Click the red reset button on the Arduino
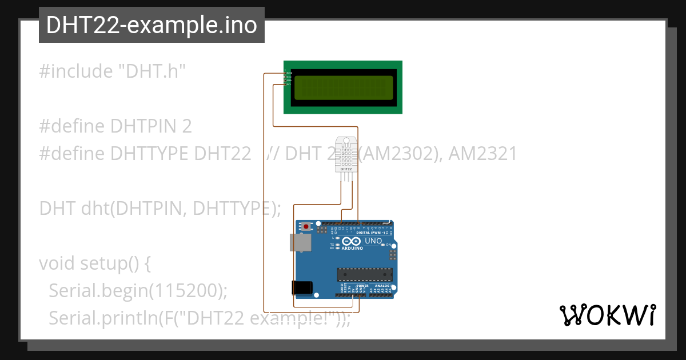pyautogui.click(x=306, y=227)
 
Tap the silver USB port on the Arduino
pyautogui.click(x=301, y=242)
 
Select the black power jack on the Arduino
pyautogui.click(x=302, y=287)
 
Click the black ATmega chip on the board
pyautogui.click(x=365, y=275)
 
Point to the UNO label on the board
pyautogui.click(x=373, y=241)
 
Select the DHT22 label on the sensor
pyautogui.click(x=346, y=169)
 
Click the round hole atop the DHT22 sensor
pyautogui.click(x=346, y=140)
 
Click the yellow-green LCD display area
pyautogui.click(x=343, y=87)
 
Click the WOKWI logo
pyautogui.click(x=607, y=315)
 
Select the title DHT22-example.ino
pyautogui.click(x=151, y=25)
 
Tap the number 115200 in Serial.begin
pyautogui.click(x=182, y=290)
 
